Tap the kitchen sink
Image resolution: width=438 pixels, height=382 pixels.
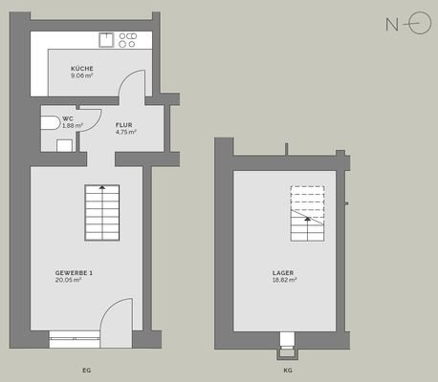(x=106, y=40)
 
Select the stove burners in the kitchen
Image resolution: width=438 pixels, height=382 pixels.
(x=128, y=40)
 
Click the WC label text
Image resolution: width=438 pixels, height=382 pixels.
(x=67, y=118)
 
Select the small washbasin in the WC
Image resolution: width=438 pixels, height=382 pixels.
(x=64, y=145)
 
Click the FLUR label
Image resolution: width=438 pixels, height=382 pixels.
(x=124, y=125)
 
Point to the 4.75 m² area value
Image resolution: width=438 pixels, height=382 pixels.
(x=125, y=133)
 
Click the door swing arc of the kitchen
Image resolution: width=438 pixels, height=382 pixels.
(x=127, y=89)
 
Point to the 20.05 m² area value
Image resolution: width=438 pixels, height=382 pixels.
(x=68, y=282)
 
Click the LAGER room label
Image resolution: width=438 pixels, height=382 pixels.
(x=284, y=274)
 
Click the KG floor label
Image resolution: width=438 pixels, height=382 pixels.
(x=288, y=368)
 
